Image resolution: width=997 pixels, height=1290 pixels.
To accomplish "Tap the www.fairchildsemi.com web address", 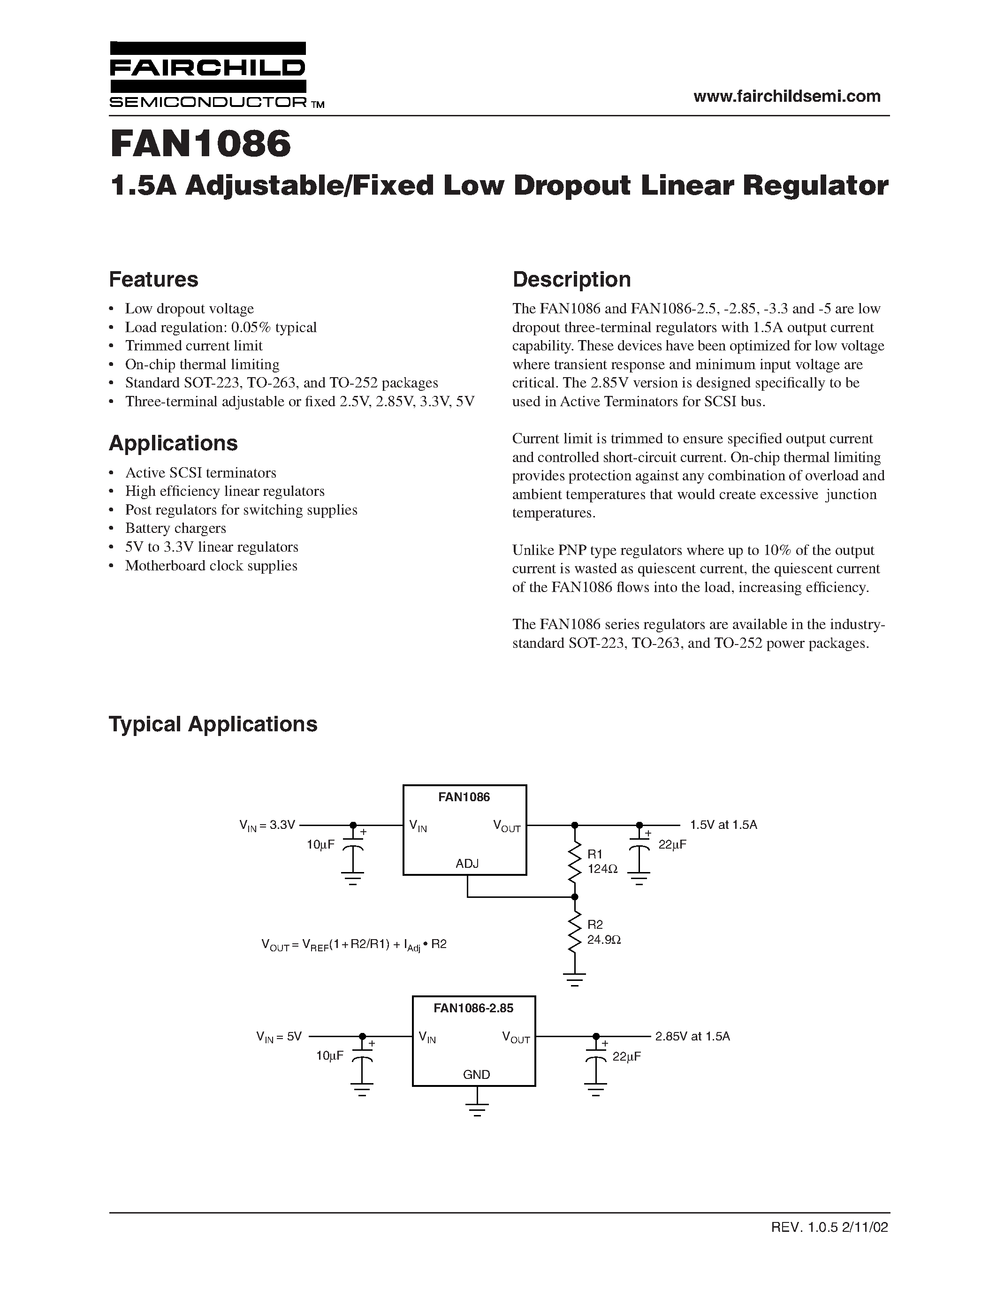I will coord(787,96).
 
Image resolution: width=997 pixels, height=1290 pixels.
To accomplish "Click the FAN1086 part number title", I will coord(201,144).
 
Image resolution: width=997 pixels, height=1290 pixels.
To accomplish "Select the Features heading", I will coord(153,280).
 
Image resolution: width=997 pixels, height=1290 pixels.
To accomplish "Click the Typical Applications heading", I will coord(213,724).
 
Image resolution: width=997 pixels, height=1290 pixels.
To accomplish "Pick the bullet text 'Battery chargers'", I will coord(175,528).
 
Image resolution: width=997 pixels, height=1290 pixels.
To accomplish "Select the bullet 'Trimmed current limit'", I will coord(194,346).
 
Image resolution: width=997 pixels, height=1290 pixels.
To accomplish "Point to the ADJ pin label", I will coord(467,864).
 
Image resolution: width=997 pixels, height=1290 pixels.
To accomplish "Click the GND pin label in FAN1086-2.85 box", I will coord(476,1074).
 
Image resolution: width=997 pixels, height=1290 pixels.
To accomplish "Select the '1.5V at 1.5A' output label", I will coord(723,825).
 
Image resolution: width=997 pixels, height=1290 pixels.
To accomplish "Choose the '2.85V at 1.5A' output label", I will coord(692,1036).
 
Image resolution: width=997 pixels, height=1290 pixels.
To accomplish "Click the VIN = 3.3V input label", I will coord(267,825).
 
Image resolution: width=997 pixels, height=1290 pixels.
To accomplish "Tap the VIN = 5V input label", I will coord(279,1037).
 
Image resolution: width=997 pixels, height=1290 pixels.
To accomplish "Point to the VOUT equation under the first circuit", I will coord(354,944).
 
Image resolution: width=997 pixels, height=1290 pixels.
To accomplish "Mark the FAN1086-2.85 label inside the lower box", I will coord(473,1008).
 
